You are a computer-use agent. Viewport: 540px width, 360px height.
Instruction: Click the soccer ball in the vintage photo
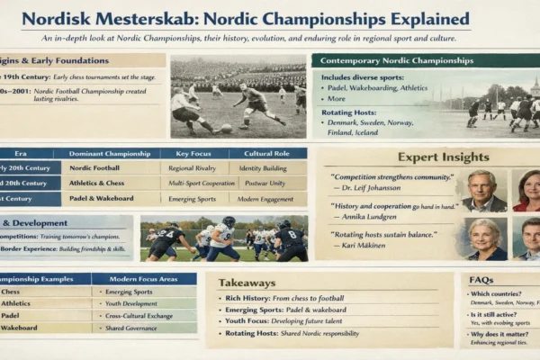point(226,128)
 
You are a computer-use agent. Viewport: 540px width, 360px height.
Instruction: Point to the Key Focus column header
point(194,154)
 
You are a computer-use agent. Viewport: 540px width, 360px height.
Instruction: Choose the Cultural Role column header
point(266,154)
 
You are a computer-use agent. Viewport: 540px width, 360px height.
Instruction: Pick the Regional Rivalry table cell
point(194,167)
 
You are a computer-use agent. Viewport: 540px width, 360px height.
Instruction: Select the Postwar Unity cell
point(266,183)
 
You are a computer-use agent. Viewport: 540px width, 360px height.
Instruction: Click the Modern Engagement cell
point(266,198)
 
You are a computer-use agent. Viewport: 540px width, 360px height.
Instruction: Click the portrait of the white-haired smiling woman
point(484,238)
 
